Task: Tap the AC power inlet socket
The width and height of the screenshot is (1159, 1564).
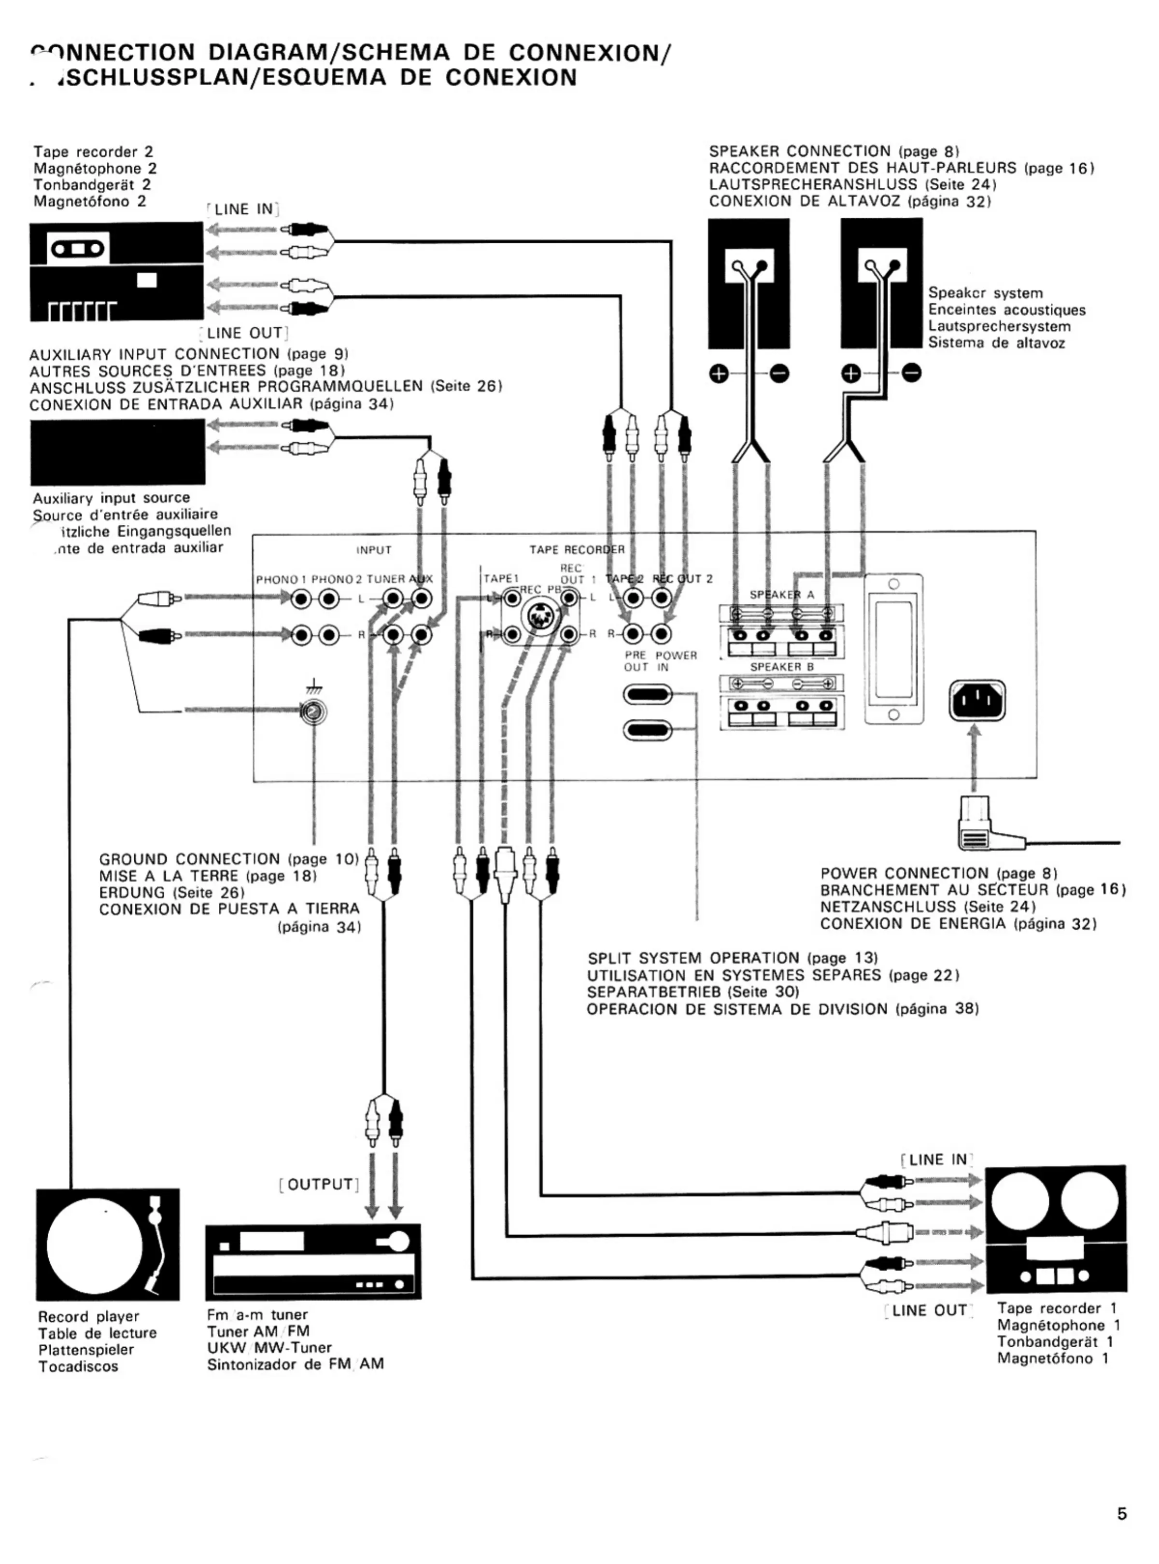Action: click(x=976, y=699)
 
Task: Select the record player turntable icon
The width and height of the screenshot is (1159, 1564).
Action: click(x=107, y=1244)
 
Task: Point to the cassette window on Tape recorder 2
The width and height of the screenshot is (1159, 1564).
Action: click(x=77, y=248)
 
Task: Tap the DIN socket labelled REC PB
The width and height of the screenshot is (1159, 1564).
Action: click(x=540, y=616)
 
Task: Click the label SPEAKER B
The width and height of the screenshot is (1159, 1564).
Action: click(x=781, y=667)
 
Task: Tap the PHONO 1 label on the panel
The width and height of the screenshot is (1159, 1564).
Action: click(x=281, y=579)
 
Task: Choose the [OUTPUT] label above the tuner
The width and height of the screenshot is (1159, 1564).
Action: click(x=319, y=1184)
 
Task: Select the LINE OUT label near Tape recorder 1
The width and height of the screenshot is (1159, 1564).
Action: click(x=929, y=1310)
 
